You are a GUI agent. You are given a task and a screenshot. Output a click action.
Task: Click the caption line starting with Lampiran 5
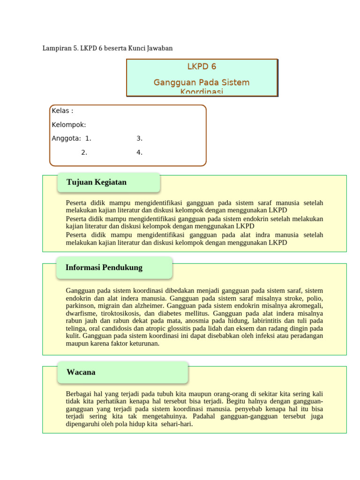click(108, 48)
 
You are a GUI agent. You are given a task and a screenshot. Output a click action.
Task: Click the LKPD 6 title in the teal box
click(202, 67)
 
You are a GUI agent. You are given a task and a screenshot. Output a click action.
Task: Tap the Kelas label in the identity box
click(62, 111)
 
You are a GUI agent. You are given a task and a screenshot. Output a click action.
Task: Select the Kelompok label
click(68, 125)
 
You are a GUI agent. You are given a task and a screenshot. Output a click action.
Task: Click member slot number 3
click(139, 138)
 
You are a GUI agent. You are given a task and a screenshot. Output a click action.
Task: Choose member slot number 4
click(139, 152)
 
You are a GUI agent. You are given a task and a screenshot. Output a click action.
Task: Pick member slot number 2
click(84, 152)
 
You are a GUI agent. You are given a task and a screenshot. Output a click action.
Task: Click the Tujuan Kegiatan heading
click(97, 182)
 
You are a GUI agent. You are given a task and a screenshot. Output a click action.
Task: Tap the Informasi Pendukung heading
click(104, 268)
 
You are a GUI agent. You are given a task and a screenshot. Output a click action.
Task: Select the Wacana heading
click(81, 372)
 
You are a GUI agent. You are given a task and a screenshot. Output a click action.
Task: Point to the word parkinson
click(81, 306)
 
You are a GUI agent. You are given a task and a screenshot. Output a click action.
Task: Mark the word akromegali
click(303, 306)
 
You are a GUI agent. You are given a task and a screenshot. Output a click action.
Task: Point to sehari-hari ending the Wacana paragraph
click(176, 424)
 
